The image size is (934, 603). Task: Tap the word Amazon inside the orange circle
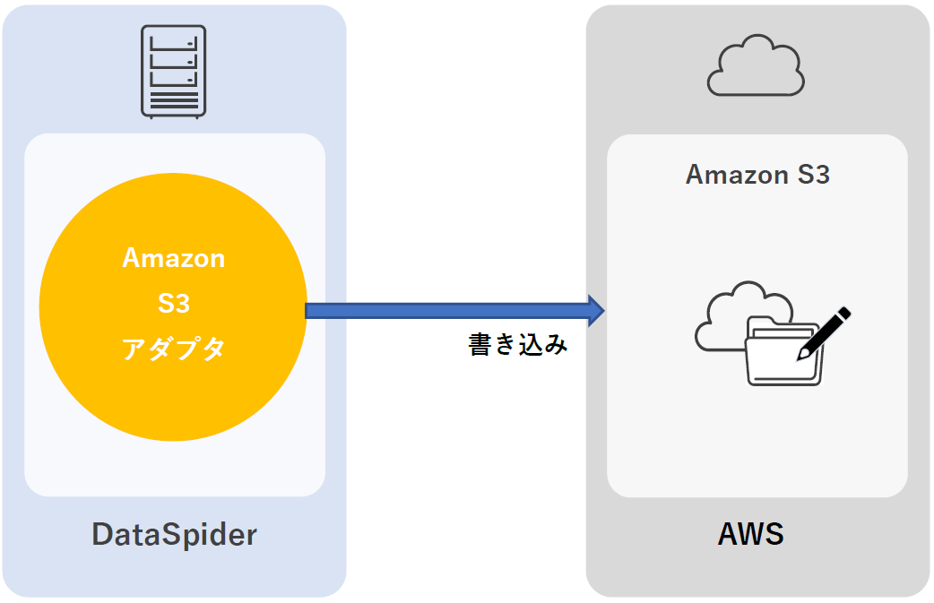pos(174,258)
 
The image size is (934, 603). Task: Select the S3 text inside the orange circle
pos(174,304)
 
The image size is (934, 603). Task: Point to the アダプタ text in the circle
pos(174,349)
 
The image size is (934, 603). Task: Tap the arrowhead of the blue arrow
pos(596,310)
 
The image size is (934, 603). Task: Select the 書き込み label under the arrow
pos(518,345)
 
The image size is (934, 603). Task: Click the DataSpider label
pos(174,535)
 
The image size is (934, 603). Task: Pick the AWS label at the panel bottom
pos(751,534)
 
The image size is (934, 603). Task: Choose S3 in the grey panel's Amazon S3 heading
pos(812,174)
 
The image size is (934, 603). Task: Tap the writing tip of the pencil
pos(800,358)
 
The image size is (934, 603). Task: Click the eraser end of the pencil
pos(844,313)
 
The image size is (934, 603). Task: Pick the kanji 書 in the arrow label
pos(480,345)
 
